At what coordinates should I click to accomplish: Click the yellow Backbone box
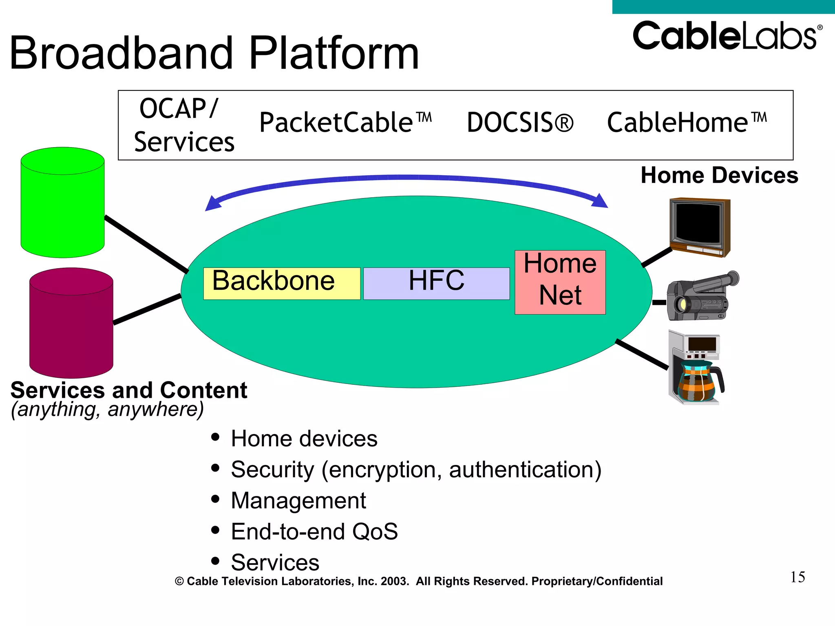click(x=281, y=283)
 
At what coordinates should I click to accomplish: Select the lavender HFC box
click(x=436, y=283)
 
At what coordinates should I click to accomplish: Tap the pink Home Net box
click(x=560, y=282)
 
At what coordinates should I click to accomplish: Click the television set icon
click(x=700, y=227)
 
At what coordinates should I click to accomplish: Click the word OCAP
click(x=173, y=109)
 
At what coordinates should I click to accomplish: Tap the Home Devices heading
click(x=719, y=175)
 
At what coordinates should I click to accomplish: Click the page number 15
click(x=797, y=577)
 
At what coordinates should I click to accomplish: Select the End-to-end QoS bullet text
click(x=314, y=531)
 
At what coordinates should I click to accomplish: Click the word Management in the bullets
click(x=298, y=500)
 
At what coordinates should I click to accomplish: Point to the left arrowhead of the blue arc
click(x=212, y=204)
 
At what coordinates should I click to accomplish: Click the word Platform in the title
click(x=334, y=53)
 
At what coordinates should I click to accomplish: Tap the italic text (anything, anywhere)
click(x=107, y=409)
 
